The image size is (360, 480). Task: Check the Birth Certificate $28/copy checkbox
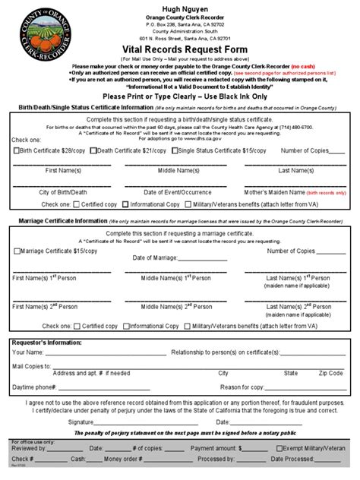(17, 150)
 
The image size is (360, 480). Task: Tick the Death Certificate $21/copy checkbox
(93, 150)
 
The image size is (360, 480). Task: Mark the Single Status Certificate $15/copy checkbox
(176, 150)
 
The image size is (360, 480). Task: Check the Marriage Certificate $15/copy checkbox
(17, 251)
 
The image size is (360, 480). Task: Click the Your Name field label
(29, 352)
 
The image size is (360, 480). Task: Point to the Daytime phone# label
(35, 387)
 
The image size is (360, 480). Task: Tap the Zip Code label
(330, 374)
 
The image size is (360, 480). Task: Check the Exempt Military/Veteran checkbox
(281, 449)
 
